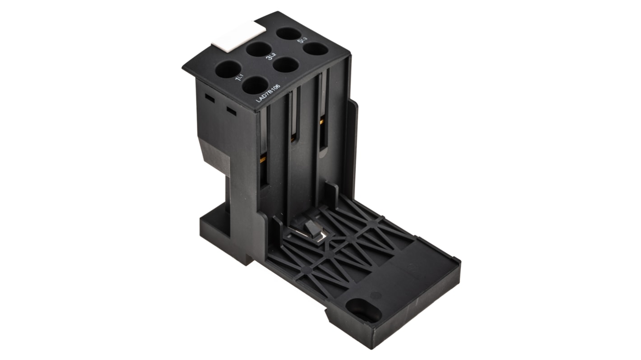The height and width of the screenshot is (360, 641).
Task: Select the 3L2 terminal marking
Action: tap(272, 57)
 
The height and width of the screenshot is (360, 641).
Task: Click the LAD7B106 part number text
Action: tap(268, 93)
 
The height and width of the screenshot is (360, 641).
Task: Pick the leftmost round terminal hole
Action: tap(228, 69)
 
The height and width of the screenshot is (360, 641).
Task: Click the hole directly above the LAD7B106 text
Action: tap(255, 85)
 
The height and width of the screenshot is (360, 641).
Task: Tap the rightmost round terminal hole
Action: tap(315, 48)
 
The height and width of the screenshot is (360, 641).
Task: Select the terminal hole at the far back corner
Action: tap(288, 33)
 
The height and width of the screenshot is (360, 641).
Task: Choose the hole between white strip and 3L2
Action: tap(258, 49)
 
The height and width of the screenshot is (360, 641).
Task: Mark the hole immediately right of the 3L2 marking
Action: tap(286, 65)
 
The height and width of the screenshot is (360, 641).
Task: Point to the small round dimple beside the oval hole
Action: tap(376, 295)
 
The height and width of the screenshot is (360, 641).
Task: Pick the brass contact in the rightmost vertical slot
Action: tap(322, 121)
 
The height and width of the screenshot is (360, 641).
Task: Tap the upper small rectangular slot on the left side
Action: tap(209, 97)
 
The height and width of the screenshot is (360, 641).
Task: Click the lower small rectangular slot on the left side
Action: tap(231, 111)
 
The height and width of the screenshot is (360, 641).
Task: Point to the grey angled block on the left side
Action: tap(214, 156)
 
